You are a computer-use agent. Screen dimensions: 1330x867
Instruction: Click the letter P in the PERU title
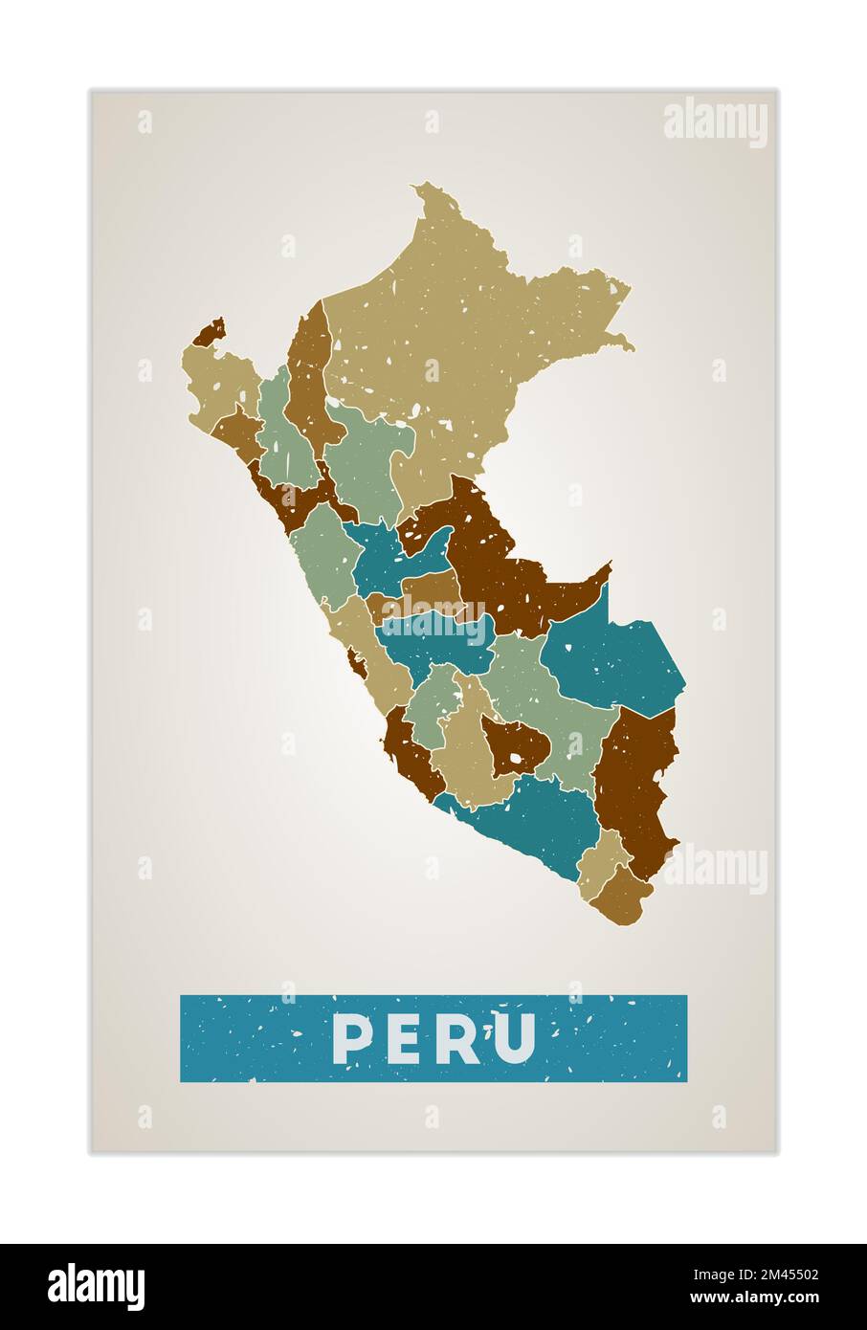[x=351, y=1039]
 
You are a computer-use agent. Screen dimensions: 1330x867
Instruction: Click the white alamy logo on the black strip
[x=97, y=1286]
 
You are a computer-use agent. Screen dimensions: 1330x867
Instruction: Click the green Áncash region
[x=321, y=555]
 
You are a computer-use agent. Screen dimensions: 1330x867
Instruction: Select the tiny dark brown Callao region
[x=357, y=661]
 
